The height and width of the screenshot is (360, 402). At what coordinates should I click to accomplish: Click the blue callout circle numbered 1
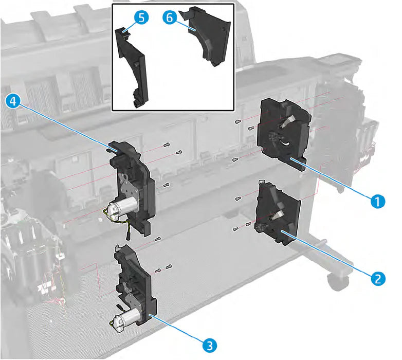(378, 201)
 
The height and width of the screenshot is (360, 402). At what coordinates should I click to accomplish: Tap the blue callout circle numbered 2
(378, 278)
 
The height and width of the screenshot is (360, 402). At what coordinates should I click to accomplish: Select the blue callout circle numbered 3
(209, 344)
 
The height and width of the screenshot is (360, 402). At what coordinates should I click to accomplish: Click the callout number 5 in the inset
(140, 18)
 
